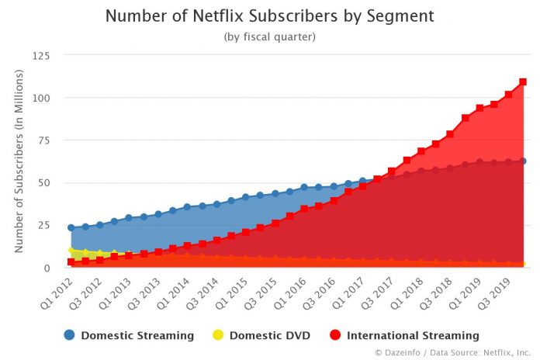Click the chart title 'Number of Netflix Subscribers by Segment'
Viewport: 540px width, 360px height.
click(269, 16)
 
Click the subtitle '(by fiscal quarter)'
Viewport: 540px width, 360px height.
click(269, 36)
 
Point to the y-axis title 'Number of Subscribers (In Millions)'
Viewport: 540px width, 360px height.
click(19, 161)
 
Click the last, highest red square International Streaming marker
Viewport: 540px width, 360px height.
click(523, 81)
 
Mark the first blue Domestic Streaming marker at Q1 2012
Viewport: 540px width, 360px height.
click(71, 228)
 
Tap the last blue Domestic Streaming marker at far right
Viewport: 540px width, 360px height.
click(523, 161)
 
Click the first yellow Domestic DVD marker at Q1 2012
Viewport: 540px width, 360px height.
click(71, 251)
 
